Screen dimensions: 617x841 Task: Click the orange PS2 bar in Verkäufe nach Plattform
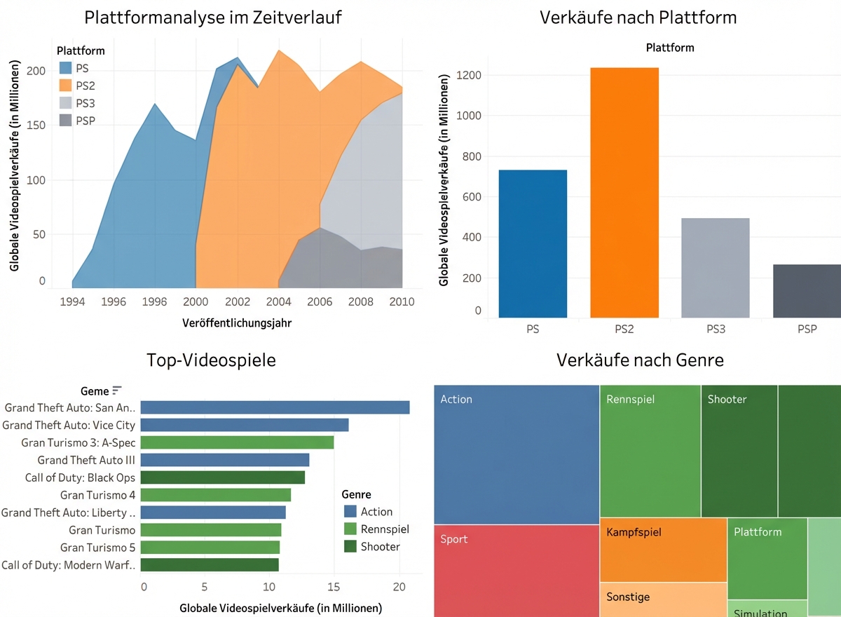[x=624, y=193]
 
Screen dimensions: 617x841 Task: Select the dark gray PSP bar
[x=807, y=291]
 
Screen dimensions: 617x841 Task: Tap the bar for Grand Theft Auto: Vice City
[x=245, y=425]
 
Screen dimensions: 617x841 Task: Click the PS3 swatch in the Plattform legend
[x=65, y=103]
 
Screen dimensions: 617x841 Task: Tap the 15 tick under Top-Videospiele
[x=334, y=585]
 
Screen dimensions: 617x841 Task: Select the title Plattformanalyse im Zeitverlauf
[x=213, y=18]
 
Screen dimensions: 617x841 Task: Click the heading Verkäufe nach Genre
[x=640, y=360]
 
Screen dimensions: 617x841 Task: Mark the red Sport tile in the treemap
[x=517, y=570]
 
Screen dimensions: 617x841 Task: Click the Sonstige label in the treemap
[x=628, y=597]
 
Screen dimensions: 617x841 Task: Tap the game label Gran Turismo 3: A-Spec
[x=78, y=442]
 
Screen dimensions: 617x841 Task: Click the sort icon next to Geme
[x=117, y=391]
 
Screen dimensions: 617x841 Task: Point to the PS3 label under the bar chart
[x=716, y=328]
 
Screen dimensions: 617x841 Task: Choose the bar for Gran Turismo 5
[x=211, y=548]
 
